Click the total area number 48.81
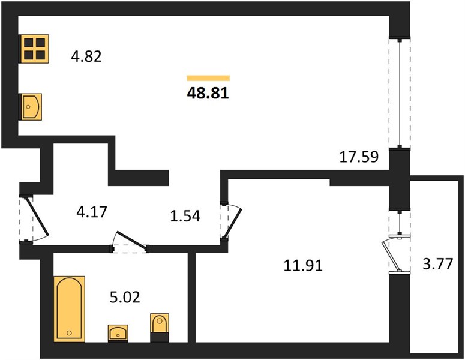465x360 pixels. pos(208,93)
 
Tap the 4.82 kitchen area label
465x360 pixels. pos(86,56)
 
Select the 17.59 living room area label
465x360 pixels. pos(359,157)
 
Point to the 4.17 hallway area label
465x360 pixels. pos(92,212)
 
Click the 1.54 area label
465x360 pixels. pos(185,216)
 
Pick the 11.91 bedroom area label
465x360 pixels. pos(303,265)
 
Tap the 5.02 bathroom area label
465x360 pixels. pos(125,297)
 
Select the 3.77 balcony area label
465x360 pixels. pos(438,263)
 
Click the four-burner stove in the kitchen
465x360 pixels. pos(34,49)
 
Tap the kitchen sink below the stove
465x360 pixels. pos(31,107)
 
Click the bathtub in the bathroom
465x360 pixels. pos(70,309)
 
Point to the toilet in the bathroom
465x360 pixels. pos(160,328)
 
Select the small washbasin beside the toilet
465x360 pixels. pos(118,333)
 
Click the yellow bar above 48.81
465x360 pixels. pos(208,78)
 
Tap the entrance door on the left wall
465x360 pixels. pos(34,219)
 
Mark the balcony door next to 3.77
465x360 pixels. pos(397,254)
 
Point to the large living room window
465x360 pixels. pos(400,93)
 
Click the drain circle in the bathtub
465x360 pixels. pos(70,333)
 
